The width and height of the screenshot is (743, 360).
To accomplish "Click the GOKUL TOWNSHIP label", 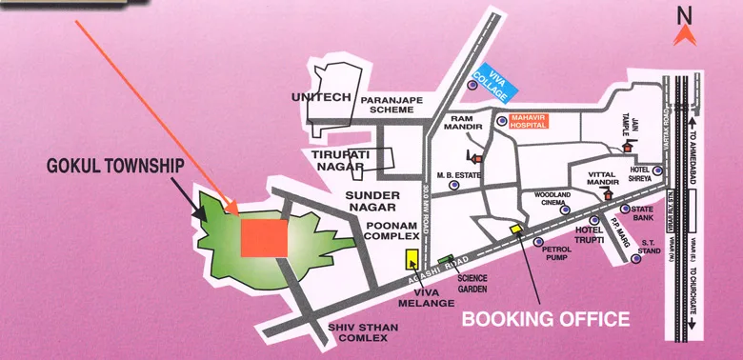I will tap(115, 166).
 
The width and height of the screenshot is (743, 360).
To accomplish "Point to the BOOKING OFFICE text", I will tap(546, 318).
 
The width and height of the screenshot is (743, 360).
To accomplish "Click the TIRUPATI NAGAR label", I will tap(332, 159).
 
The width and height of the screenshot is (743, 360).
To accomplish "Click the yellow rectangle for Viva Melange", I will tap(412, 259).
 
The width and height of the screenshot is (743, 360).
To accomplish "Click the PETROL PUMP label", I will tap(556, 252).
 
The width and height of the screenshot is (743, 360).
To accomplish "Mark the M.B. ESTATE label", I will tap(455, 175).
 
